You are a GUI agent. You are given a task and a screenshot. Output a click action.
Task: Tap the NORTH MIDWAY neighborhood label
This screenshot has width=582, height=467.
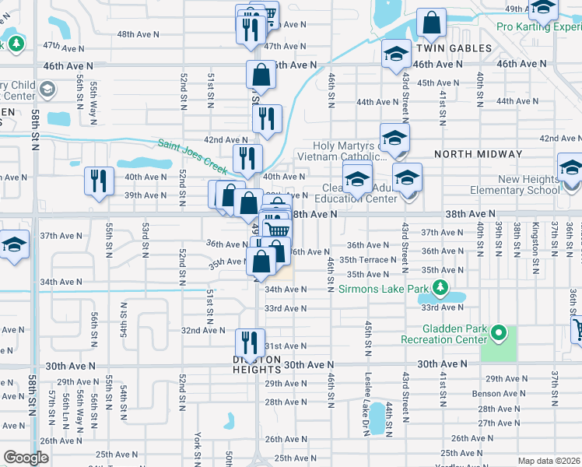(x=470, y=154)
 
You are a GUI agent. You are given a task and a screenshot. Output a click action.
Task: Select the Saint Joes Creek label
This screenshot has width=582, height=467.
(x=192, y=156)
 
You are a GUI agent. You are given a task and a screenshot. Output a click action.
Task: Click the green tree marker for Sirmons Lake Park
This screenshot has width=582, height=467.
(x=441, y=290)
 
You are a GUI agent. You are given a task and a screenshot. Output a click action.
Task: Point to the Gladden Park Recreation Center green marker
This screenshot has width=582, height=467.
(x=497, y=334)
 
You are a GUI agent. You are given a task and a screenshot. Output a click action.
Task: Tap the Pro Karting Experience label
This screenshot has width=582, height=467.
(x=538, y=26)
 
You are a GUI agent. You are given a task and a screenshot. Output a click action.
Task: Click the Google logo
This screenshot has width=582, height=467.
(x=26, y=457)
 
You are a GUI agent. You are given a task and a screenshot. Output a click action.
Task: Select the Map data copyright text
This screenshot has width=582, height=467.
(x=549, y=461)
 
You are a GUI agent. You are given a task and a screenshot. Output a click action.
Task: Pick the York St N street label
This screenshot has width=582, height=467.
(x=199, y=448)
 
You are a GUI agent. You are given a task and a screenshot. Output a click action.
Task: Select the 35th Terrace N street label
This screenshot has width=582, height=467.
(x=367, y=260)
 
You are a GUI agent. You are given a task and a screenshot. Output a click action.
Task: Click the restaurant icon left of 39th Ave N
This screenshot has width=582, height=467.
(x=98, y=182)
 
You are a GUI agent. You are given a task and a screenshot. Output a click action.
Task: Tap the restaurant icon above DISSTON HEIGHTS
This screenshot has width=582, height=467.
(x=249, y=342)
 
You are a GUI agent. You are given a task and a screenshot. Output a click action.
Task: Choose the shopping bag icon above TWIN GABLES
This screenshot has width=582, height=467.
(x=430, y=23)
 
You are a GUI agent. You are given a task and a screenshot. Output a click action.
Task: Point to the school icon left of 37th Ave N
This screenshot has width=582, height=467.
(x=14, y=244)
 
